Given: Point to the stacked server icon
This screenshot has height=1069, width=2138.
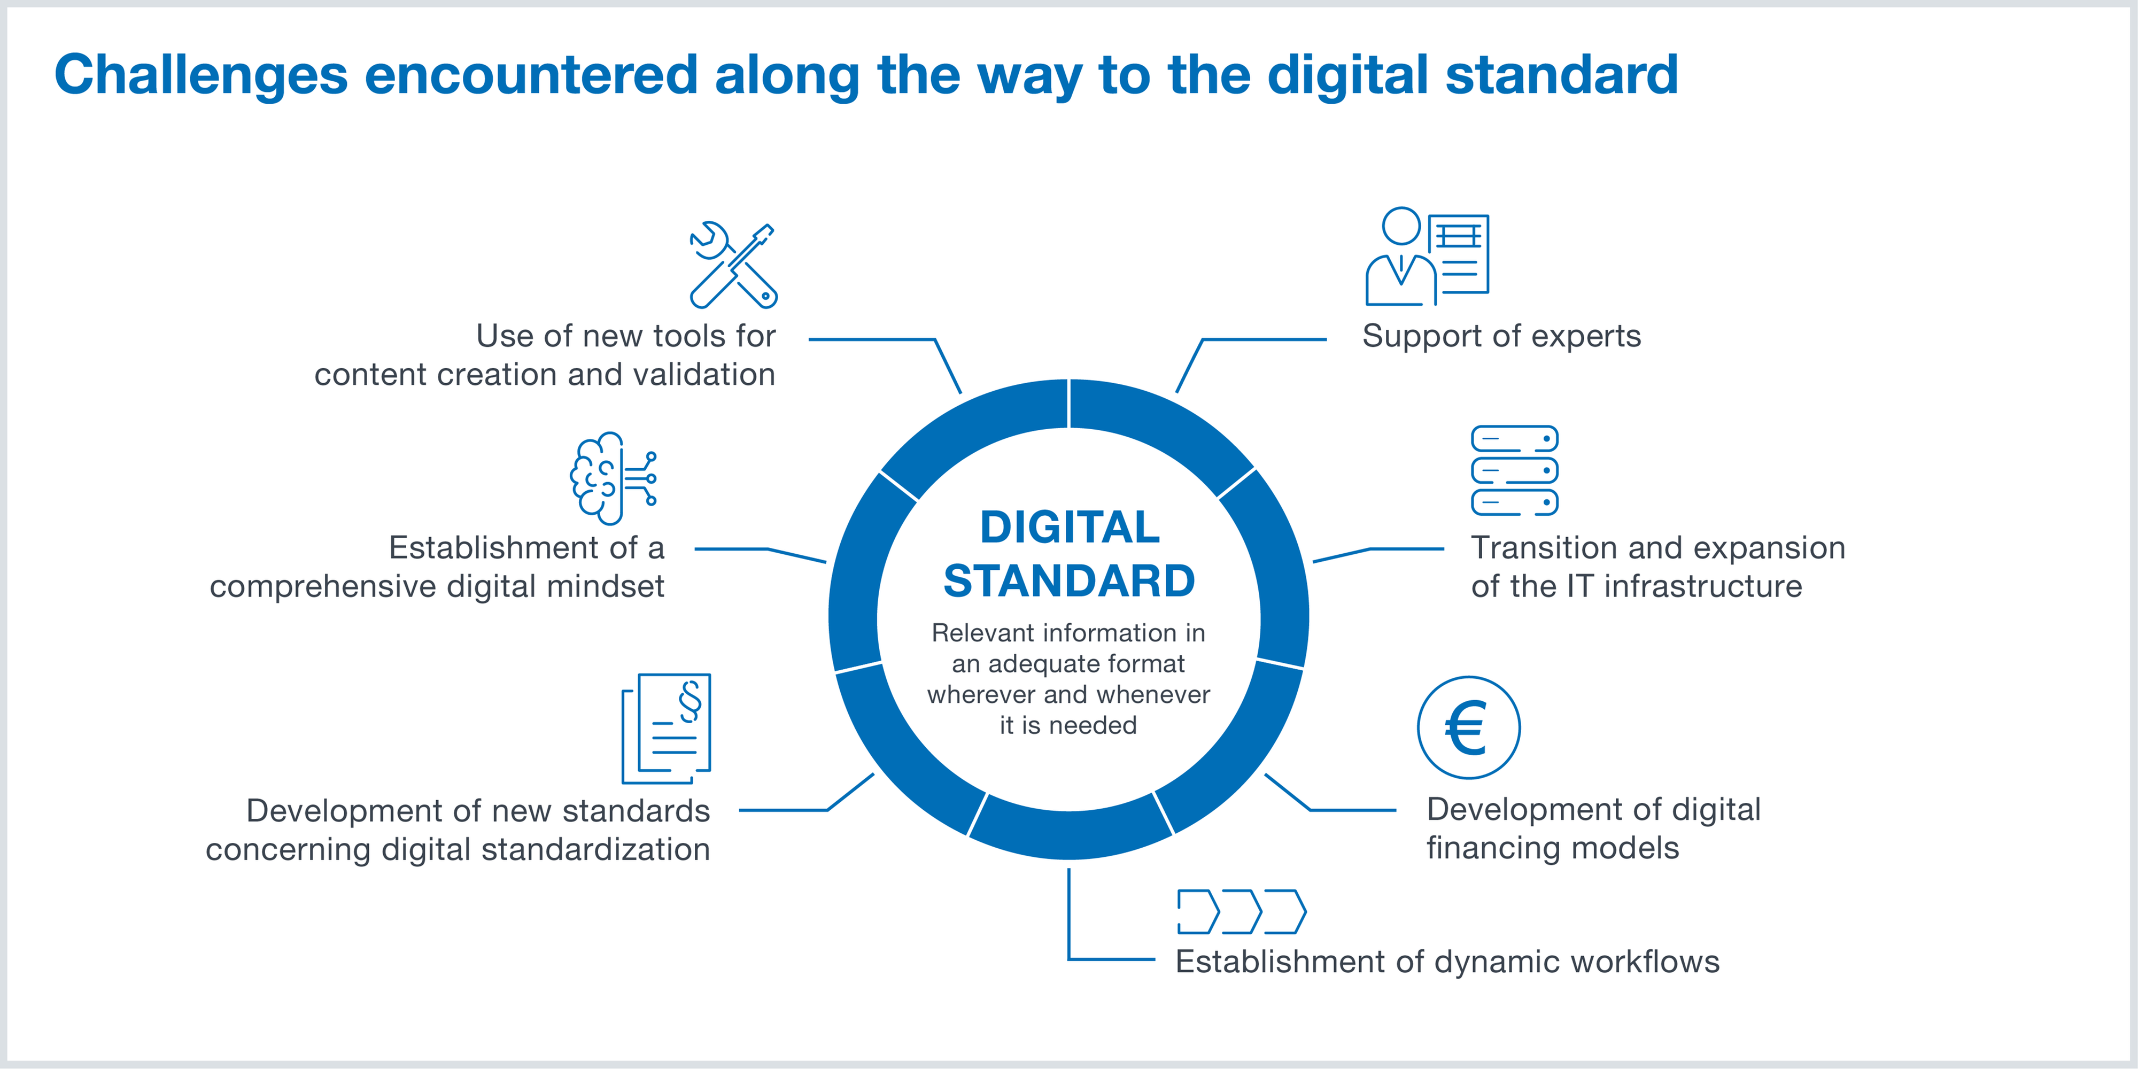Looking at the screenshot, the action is click(x=1515, y=470).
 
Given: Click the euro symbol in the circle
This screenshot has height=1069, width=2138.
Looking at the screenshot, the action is click(x=1468, y=727).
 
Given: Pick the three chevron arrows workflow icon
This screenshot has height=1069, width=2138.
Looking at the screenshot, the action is click(x=1242, y=911).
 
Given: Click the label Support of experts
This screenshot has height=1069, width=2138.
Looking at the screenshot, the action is click(x=1501, y=336).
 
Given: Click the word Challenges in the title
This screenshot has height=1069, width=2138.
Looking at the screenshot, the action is click(x=201, y=75).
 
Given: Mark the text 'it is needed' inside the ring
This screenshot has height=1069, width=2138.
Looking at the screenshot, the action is click(x=1068, y=725).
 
